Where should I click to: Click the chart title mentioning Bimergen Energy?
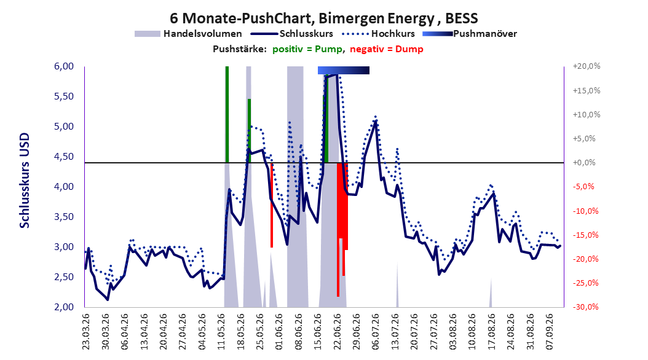pyautogui.click(x=323, y=18)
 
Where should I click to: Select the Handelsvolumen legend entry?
pyautogui.click(x=188, y=34)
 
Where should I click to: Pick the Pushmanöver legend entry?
pyautogui.click(x=470, y=34)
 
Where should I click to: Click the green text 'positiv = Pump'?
pyautogui.click(x=307, y=49)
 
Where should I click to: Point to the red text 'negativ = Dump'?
pyautogui.click(x=387, y=49)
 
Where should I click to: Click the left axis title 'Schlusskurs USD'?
pyautogui.click(x=25, y=181)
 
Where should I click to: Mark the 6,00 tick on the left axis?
pyautogui.click(x=64, y=66)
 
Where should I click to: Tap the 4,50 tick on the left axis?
pyautogui.click(x=64, y=157)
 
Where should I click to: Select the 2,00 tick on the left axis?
pyautogui.click(x=64, y=307)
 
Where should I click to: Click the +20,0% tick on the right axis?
pyautogui.click(x=587, y=66)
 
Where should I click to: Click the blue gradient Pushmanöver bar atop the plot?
pyautogui.click(x=344, y=70)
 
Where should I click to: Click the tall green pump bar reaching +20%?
pyautogui.click(x=227, y=114)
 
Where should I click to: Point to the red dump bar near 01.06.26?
pyautogui.click(x=272, y=205)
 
